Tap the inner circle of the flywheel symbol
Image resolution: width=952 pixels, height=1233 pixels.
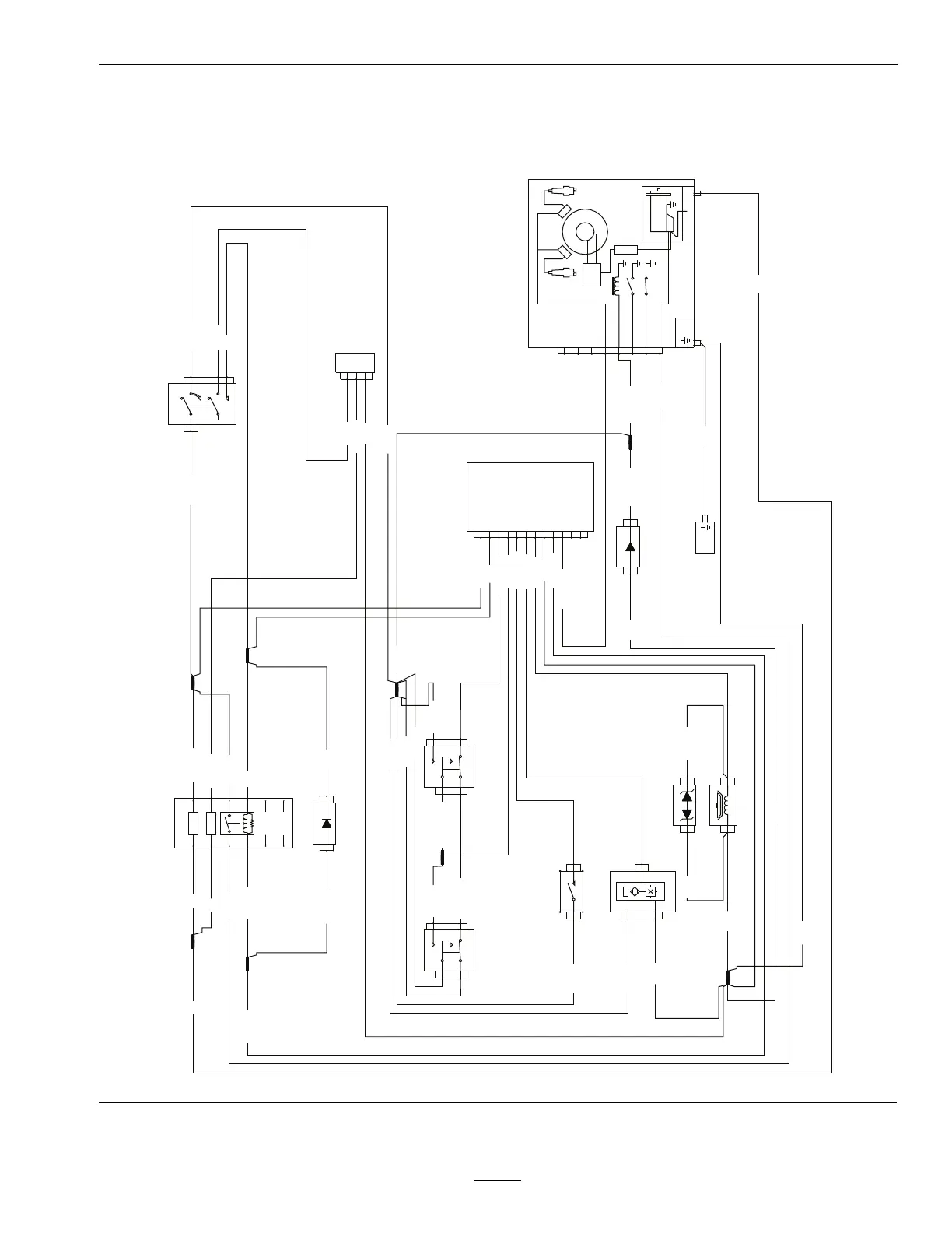584,231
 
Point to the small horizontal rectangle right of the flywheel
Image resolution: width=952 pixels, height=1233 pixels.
625,250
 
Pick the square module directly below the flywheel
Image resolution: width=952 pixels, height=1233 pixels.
592,275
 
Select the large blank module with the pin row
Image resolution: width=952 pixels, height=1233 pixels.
530,497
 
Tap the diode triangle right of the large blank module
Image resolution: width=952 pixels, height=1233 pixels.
629,546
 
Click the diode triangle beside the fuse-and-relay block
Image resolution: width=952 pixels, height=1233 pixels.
326,823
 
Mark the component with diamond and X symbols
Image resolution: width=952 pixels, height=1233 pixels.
642,891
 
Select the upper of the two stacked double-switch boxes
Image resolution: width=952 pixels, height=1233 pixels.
449,767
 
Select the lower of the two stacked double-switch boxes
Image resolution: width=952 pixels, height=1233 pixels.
449,950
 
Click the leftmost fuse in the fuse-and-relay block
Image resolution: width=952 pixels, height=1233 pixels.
193,823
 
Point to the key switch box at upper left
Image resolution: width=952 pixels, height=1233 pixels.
202,403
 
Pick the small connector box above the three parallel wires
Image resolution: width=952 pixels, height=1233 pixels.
355,363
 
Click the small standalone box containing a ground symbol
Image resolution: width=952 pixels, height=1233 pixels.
705,536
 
